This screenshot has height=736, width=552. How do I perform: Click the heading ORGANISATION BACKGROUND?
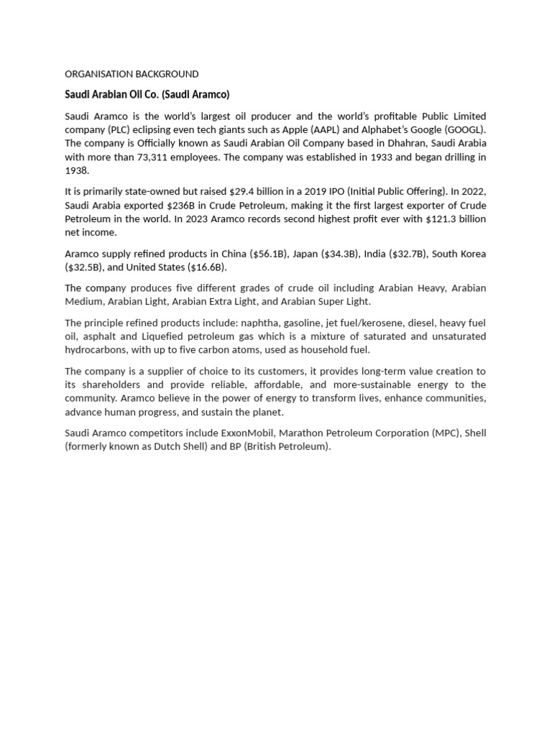point(132,74)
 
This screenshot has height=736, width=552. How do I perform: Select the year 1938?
point(76,170)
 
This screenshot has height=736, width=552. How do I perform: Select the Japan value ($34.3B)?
point(337,254)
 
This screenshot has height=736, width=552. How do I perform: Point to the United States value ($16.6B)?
point(207,267)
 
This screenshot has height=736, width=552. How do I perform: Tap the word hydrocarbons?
point(96,350)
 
